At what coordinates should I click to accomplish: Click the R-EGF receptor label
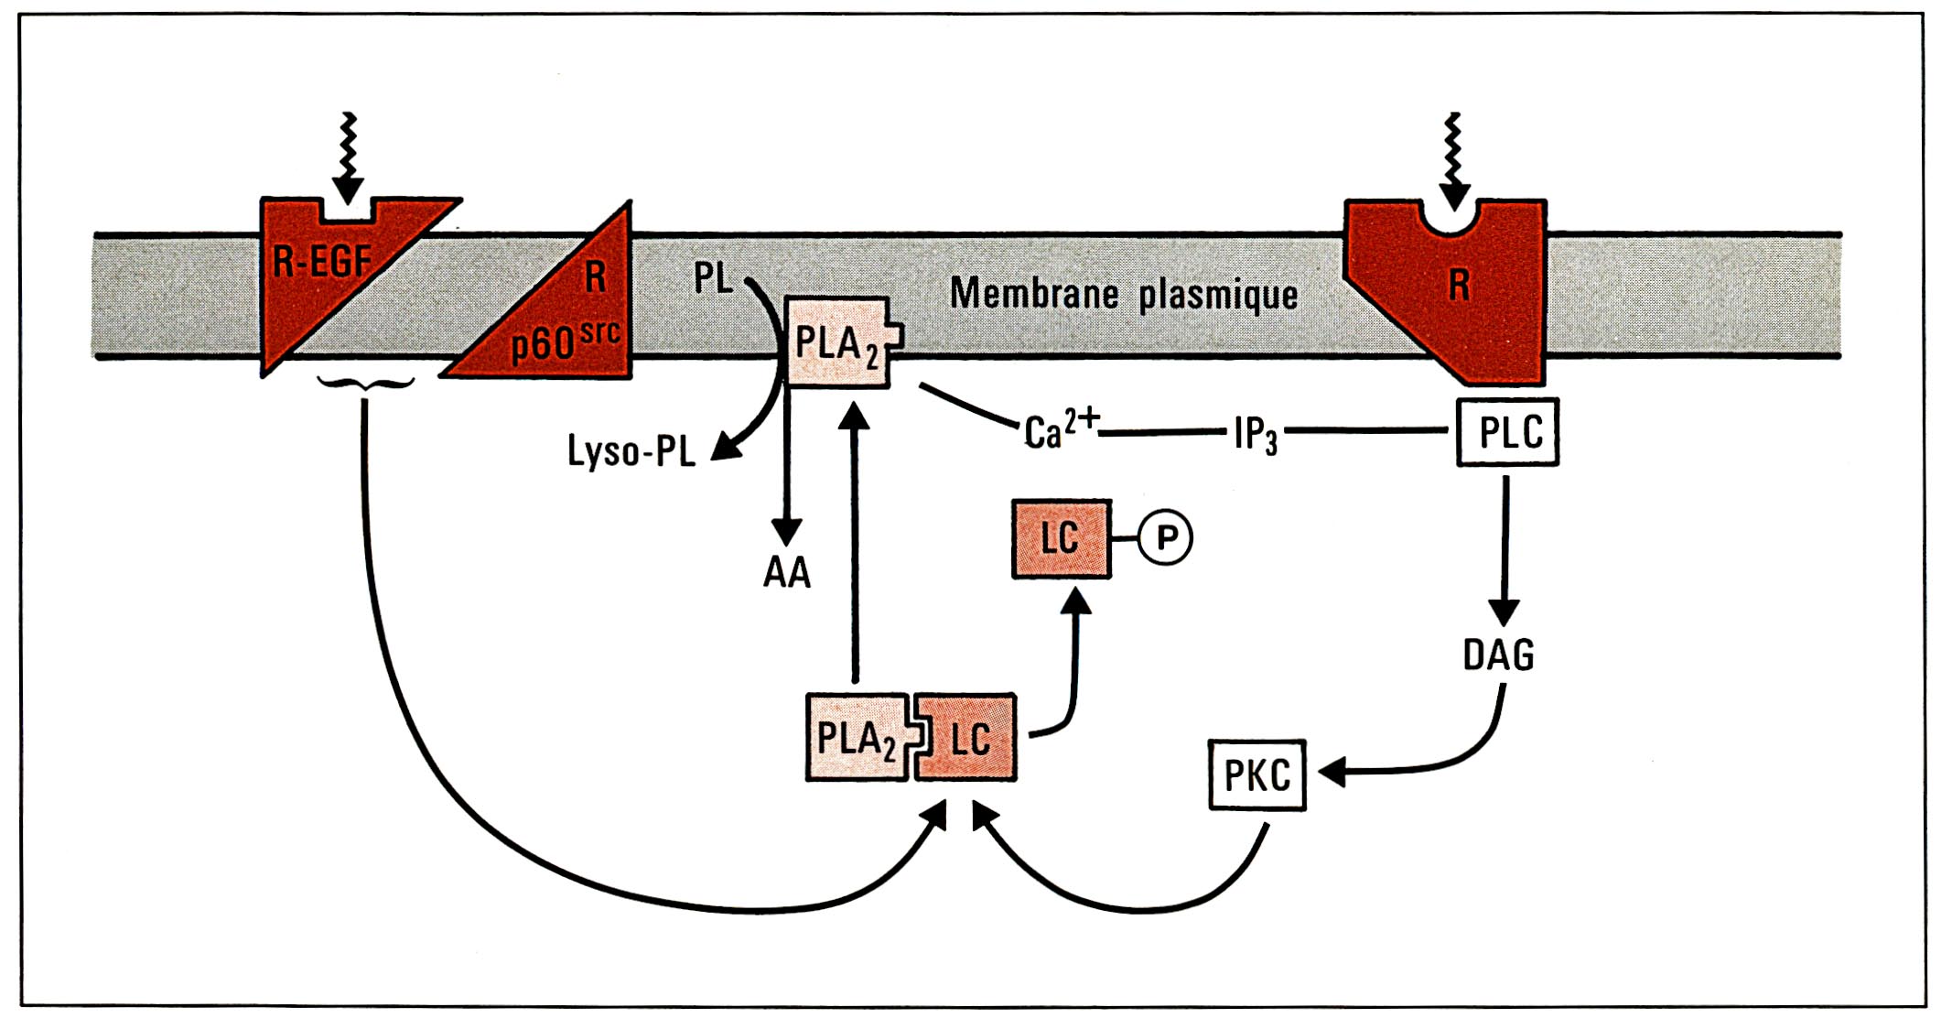[x=321, y=263]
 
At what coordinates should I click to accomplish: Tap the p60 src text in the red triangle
[x=565, y=341]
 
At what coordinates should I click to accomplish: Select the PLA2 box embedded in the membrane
[x=837, y=343]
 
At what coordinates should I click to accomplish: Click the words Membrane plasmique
[x=1123, y=294]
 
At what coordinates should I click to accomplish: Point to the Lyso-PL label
[x=631, y=451]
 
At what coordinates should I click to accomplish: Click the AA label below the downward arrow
[x=787, y=572]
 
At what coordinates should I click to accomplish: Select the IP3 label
[x=1255, y=433]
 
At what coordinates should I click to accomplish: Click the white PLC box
[x=1508, y=432]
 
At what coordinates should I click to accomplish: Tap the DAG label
[x=1498, y=655]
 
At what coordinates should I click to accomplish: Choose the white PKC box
[x=1257, y=776]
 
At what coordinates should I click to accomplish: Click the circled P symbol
[x=1166, y=537]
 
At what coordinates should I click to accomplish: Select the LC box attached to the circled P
[x=1061, y=539]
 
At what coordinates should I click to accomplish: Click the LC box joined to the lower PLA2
[x=969, y=738]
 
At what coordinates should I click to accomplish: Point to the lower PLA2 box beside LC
[x=856, y=738]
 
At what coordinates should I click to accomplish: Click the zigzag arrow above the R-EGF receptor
[x=348, y=156]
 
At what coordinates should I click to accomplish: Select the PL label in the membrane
[x=713, y=277]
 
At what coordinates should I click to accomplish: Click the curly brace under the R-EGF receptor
[x=364, y=384]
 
